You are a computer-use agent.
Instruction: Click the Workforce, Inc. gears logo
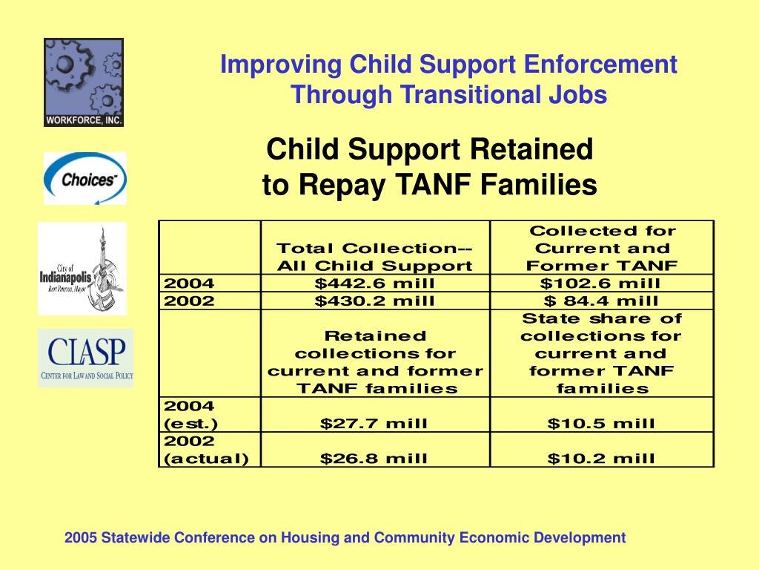click(84, 82)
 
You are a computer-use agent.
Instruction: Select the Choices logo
click(84, 178)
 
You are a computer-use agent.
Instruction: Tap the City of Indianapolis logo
click(82, 268)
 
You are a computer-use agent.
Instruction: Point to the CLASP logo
click(86, 358)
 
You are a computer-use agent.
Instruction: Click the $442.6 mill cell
click(374, 283)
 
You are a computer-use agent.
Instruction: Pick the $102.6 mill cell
click(600, 283)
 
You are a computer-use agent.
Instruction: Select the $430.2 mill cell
click(374, 301)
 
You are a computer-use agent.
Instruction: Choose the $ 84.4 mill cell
click(600, 301)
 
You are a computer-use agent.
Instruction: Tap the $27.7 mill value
click(374, 424)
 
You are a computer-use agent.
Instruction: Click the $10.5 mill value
click(601, 424)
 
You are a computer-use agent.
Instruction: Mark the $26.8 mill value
click(374, 459)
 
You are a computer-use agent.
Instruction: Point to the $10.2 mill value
click(601, 459)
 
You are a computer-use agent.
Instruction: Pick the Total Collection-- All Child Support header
click(374, 257)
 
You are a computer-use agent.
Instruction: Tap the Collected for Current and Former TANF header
click(601, 249)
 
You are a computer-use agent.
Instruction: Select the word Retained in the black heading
click(531, 150)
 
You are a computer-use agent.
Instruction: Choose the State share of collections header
click(601, 353)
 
